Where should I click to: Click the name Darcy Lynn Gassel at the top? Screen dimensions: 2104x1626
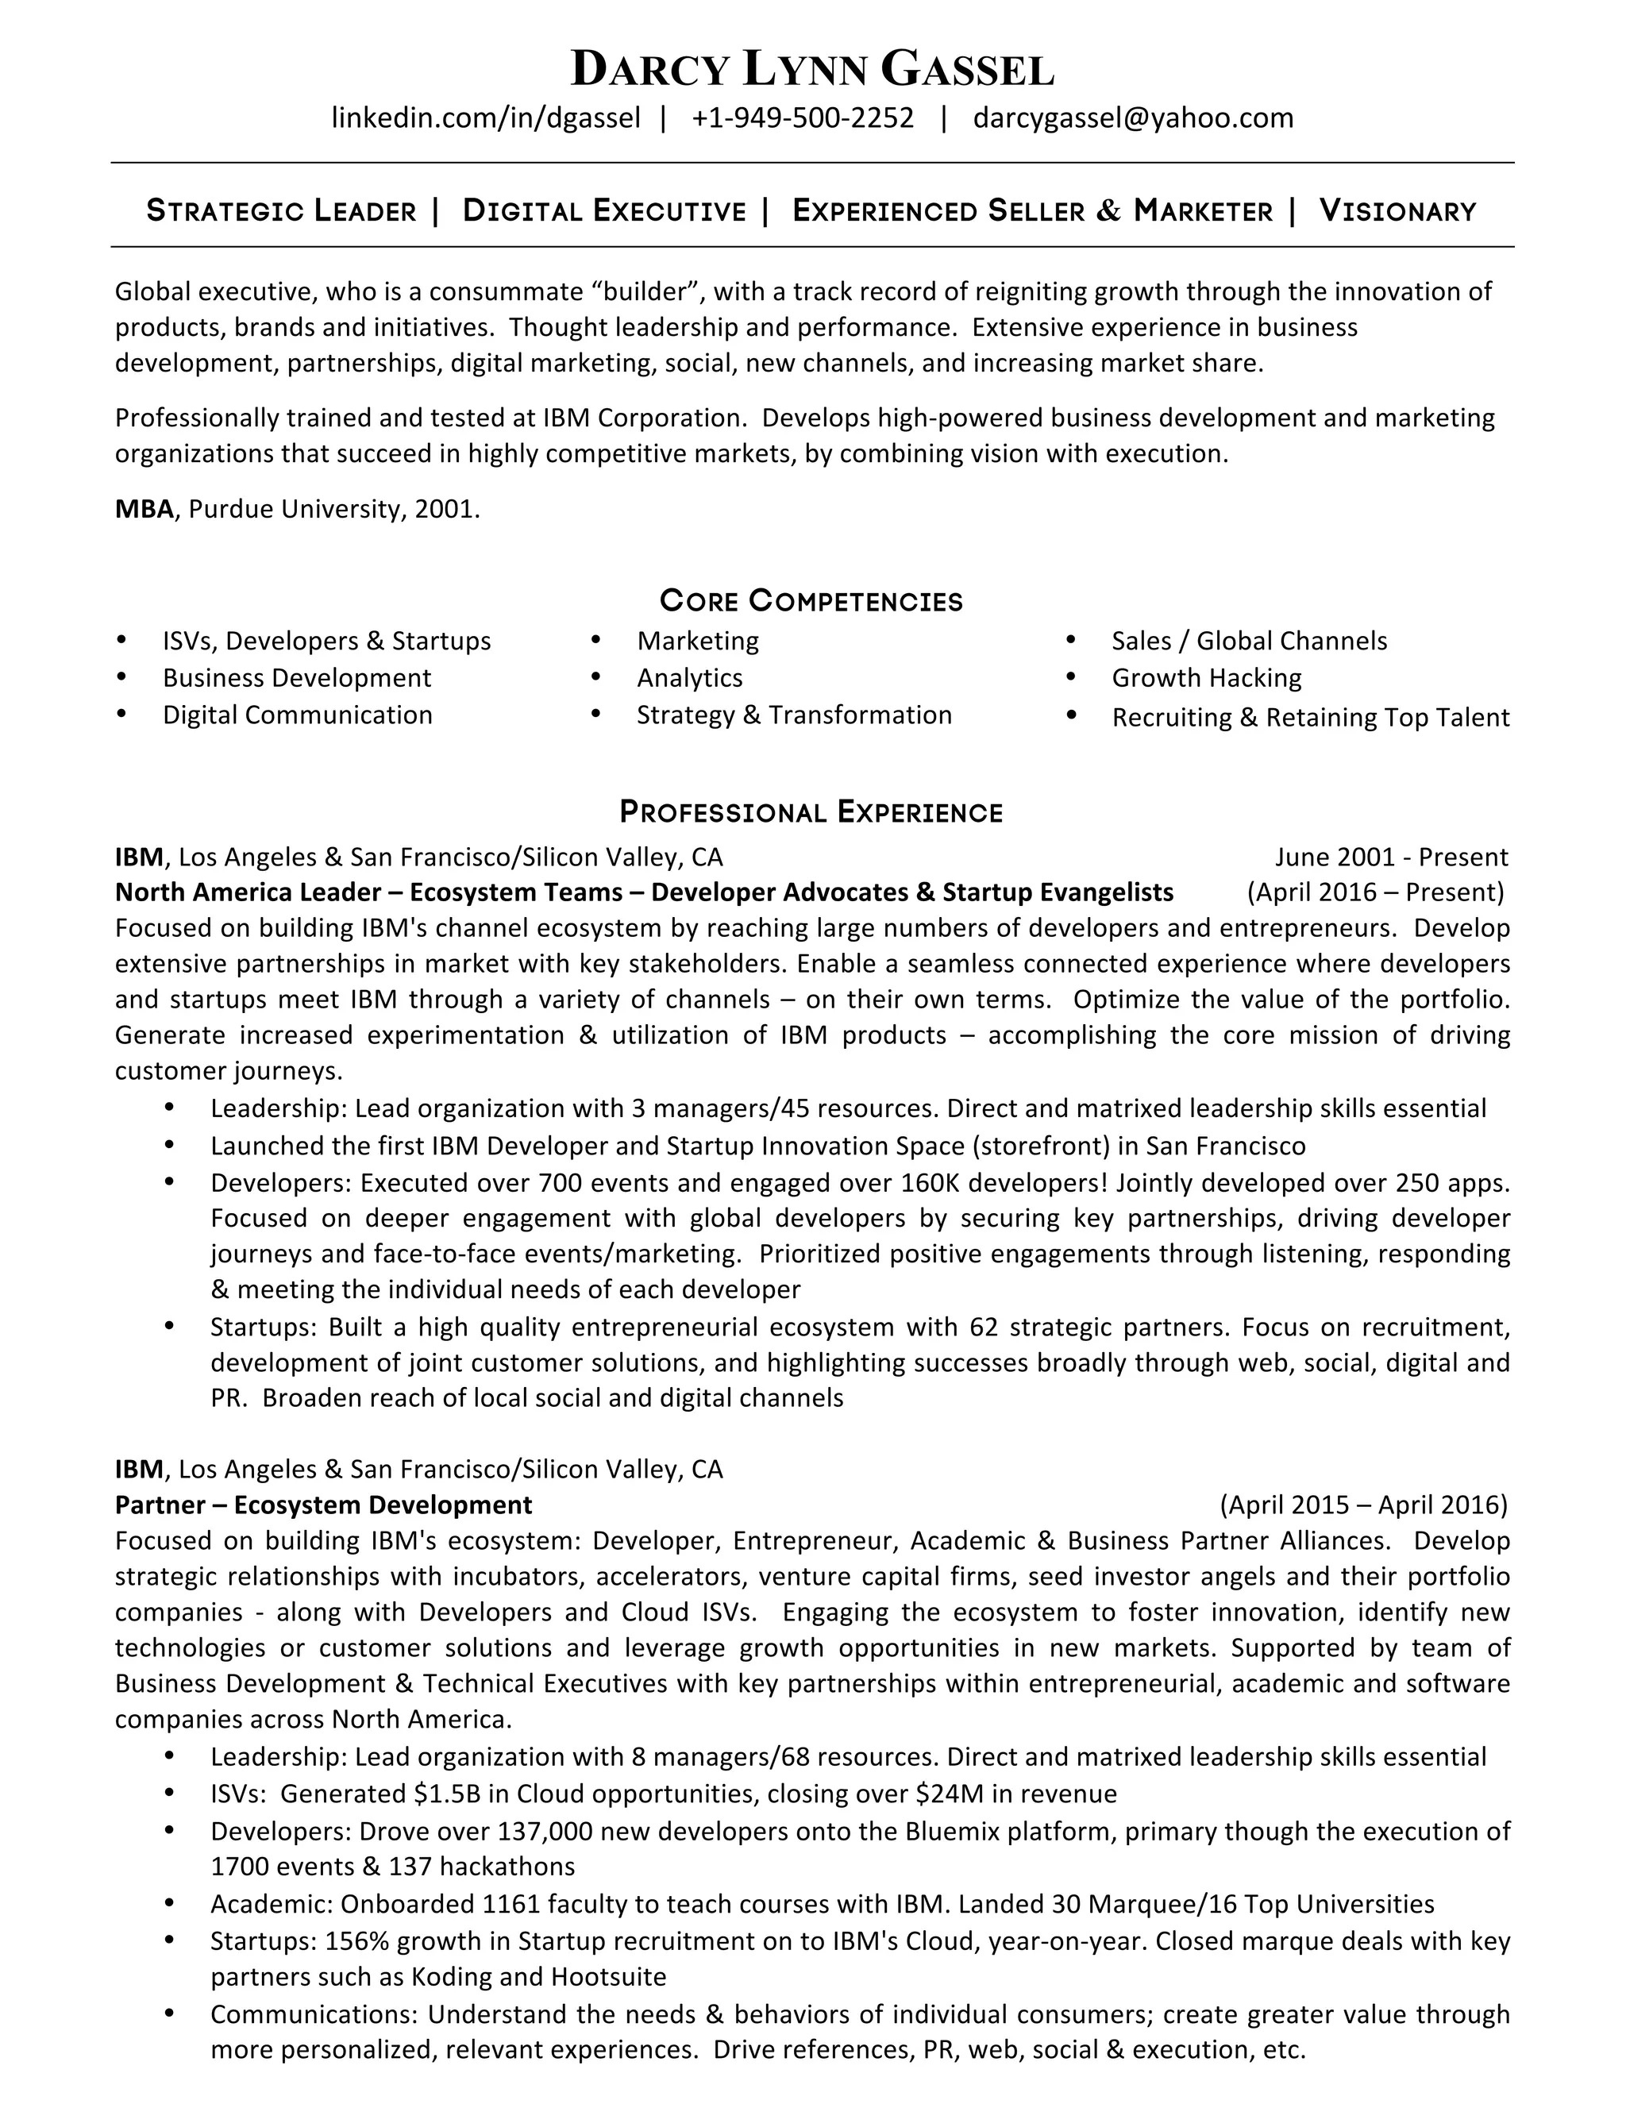point(812,69)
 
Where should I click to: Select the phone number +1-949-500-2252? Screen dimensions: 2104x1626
point(803,118)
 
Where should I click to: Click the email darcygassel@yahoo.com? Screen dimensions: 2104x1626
point(1133,118)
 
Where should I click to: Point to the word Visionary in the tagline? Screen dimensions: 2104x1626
point(1397,211)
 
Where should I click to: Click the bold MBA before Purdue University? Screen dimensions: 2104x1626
point(144,509)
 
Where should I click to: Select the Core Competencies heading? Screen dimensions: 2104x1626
point(811,601)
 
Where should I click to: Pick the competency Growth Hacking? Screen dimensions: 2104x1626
point(1206,678)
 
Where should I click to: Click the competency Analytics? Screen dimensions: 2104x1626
point(690,678)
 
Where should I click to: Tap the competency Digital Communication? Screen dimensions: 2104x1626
point(297,715)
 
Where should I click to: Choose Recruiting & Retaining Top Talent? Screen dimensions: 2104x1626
point(1310,718)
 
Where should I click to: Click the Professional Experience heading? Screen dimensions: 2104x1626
point(811,812)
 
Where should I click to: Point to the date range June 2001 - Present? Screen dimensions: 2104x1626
point(1391,857)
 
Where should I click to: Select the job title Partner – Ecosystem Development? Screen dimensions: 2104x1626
point(324,1505)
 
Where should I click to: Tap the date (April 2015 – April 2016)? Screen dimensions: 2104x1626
point(1363,1505)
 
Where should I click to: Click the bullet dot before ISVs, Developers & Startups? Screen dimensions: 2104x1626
point(121,641)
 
